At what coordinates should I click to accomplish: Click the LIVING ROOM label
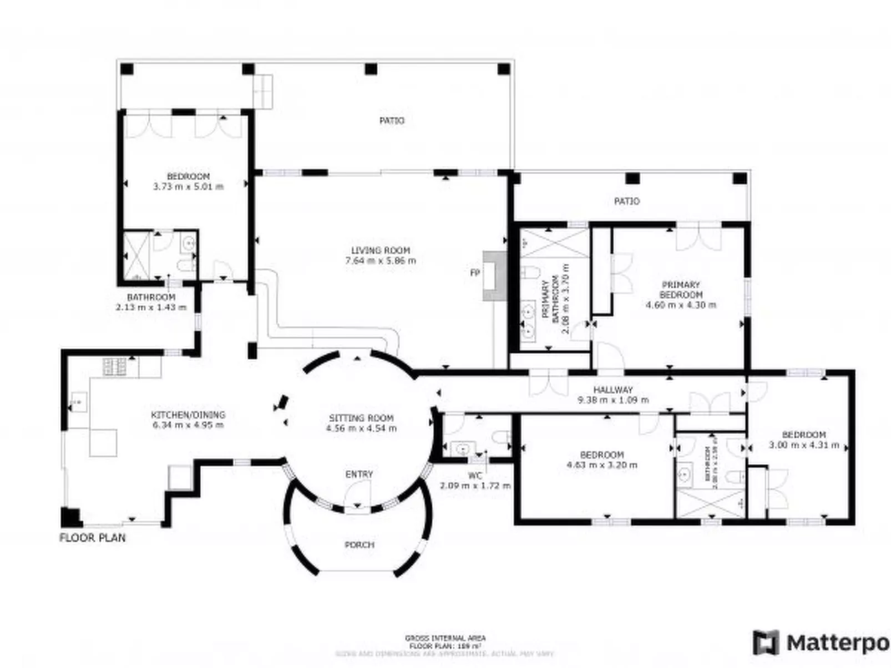pos(381,250)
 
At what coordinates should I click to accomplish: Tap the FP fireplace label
pos(474,273)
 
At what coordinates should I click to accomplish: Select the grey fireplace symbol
pos(494,276)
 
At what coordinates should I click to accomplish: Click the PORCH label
pos(360,545)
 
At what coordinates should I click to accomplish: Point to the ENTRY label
pos(359,475)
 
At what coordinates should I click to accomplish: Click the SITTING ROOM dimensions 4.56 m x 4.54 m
pos(361,429)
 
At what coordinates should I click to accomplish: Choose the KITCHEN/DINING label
pos(188,415)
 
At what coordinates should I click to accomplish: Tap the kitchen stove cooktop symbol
pos(114,366)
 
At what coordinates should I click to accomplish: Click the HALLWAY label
pos(612,390)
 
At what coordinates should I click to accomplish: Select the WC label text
pos(475,476)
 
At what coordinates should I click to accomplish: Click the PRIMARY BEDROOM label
pos(681,289)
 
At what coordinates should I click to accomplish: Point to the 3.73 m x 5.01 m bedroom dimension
pos(188,187)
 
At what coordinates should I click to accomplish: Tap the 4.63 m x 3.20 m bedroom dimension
pos(602,465)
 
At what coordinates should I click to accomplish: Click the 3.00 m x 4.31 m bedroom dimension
pos(804,445)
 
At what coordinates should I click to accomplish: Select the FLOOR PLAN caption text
pos(93,538)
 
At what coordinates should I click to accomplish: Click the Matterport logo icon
pos(766,642)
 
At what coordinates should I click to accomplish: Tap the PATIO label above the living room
pos(392,120)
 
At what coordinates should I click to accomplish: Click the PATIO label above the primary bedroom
pos(626,201)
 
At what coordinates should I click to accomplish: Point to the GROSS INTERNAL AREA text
pos(445,639)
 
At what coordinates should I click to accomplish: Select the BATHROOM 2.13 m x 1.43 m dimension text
pos(151,307)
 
